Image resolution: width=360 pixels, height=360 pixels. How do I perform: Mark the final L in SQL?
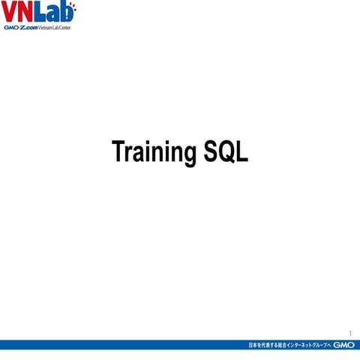(x=241, y=151)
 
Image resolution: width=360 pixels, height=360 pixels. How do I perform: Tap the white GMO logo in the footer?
(x=343, y=345)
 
